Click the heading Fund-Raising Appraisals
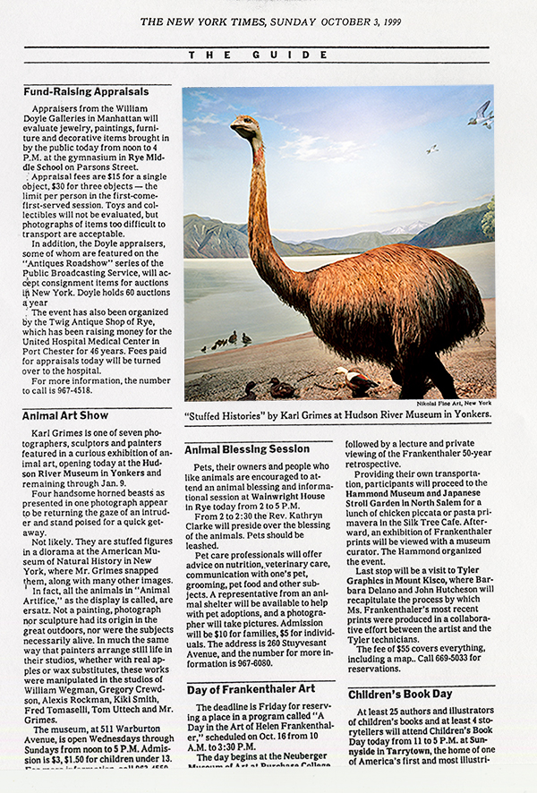(x=86, y=91)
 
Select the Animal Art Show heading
(x=65, y=415)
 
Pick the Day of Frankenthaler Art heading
(x=252, y=689)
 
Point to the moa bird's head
(x=244, y=126)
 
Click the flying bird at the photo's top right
(x=481, y=114)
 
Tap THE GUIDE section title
(x=268, y=55)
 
